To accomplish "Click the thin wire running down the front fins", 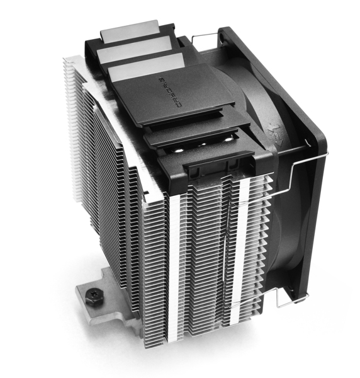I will [225, 252].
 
